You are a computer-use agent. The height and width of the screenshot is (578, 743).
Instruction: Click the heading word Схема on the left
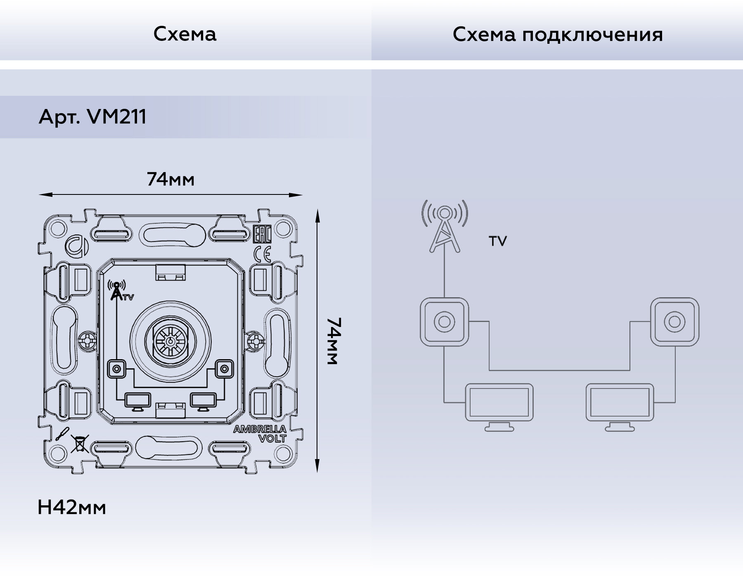coord(185,34)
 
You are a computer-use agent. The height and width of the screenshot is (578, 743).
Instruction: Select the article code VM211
coord(117,117)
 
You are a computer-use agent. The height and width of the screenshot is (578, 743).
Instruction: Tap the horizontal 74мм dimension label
coord(170,179)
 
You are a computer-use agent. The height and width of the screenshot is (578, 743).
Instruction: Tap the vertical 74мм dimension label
coord(334,341)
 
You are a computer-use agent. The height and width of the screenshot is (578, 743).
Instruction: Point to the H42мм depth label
coord(71,507)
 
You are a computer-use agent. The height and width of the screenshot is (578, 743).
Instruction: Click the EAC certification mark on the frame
coord(261,234)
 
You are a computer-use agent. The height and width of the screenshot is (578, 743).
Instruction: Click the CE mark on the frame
coord(262,254)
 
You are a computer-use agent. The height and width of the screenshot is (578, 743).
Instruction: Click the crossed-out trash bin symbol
coord(80,443)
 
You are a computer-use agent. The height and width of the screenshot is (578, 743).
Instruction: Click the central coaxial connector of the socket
coord(170,341)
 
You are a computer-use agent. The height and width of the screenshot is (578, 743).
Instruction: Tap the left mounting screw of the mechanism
coord(88,341)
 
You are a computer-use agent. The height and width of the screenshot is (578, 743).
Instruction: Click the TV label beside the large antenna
coord(497,241)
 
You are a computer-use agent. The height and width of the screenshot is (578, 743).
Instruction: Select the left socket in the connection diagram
coord(444,322)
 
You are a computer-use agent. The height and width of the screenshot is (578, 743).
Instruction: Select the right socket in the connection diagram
coord(674,322)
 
